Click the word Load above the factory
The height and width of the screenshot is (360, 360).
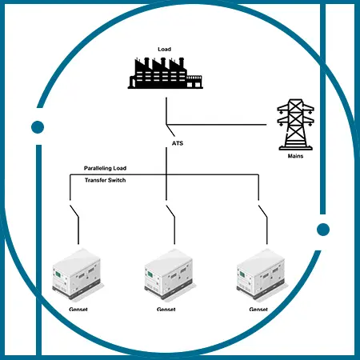click(164, 49)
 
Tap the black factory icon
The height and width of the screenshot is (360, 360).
click(166, 73)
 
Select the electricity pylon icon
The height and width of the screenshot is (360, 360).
click(295, 125)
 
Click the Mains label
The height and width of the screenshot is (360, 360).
click(295, 156)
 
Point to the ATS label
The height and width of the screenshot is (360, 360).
click(178, 143)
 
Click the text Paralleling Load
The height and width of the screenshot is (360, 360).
click(105, 168)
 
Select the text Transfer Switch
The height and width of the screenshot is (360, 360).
click(105, 180)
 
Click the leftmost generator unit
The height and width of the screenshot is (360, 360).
click(78, 274)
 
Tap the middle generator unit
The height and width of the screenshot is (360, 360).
click(170, 274)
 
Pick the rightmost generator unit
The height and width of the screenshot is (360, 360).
click(262, 274)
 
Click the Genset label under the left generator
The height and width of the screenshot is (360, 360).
click(78, 310)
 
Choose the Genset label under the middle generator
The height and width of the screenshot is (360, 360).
click(166, 310)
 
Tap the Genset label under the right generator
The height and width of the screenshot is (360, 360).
click(258, 310)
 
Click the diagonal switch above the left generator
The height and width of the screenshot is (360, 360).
click(74, 211)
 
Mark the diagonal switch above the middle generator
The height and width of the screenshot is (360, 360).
click(170, 211)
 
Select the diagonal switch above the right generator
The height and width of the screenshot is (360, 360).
click(262, 211)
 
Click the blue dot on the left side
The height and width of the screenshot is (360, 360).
click(38, 127)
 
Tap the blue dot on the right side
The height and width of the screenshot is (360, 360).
click(323, 230)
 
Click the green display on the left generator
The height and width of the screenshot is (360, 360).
click(58, 274)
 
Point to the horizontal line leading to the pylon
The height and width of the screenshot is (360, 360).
click(216, 125)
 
